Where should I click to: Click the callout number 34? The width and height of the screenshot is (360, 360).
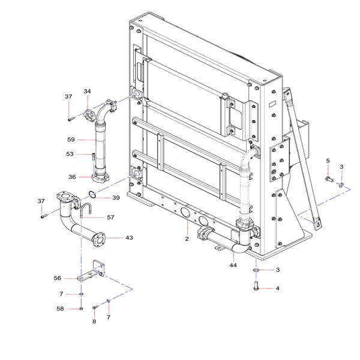(x=87, y=91)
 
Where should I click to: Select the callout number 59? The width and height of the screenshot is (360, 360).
(x=71, y=140)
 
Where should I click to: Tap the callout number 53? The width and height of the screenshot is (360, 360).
(x=70, y=154)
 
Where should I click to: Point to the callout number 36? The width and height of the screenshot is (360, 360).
(x=72, y=177)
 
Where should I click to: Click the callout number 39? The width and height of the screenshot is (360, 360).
(x=116, y=197)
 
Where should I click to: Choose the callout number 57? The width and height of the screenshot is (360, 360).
(x=110, y=217)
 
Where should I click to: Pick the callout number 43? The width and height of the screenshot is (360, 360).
(x=129, y=238)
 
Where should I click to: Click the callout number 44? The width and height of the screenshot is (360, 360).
(x=233, y=265)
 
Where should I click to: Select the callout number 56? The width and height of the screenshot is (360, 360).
(x=58, y=278)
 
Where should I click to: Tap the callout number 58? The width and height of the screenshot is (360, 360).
(x=60, y=309)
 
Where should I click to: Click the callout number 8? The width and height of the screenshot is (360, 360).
(x=94, y=322)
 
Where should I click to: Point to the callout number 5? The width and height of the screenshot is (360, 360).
(x=328, y=161)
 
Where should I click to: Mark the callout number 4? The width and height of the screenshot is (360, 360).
(x=278, y=288)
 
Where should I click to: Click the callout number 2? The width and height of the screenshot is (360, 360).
(x=187, y=239)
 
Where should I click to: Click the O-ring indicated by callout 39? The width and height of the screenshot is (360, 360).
(x=92, y=194)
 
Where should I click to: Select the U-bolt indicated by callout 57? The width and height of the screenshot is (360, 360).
(x=86, y=211)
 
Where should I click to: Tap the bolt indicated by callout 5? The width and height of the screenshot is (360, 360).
(x=329, y=179)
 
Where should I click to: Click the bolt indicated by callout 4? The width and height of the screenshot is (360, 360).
(x=256, y=286)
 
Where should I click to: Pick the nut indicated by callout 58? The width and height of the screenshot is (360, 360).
(x=81, y=309)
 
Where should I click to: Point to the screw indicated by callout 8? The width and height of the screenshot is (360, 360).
(x=95, y=307)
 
